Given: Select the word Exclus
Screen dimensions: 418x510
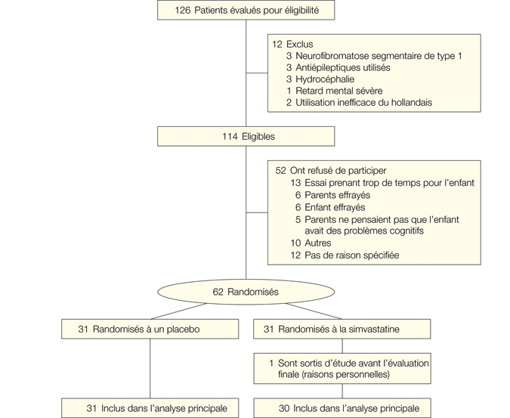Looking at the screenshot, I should (299, 45).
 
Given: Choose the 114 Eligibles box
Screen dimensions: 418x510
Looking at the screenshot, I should (246, 137).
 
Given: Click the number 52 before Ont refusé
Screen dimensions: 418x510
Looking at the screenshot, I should (280, 171).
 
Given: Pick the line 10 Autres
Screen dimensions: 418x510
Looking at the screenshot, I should (311, 243).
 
